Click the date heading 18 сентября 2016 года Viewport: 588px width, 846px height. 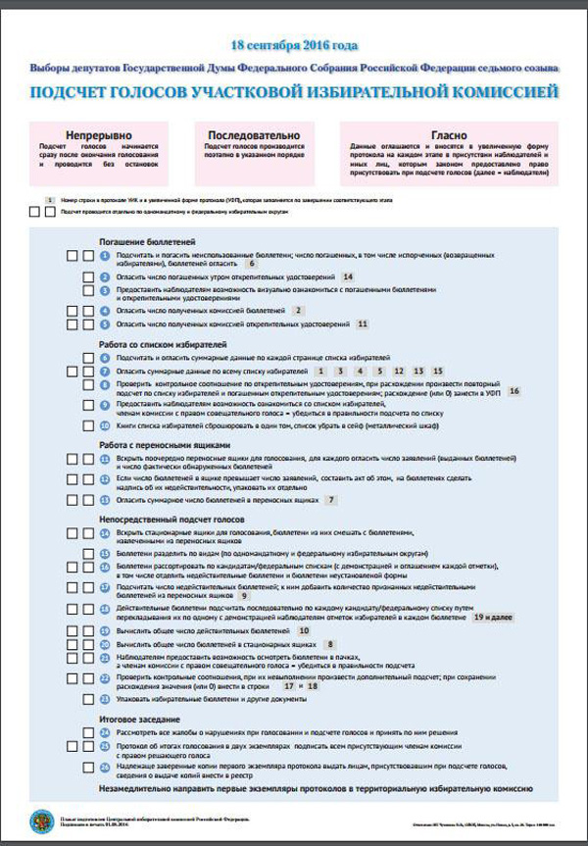(294, 45)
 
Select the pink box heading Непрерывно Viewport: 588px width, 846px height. (98, 134)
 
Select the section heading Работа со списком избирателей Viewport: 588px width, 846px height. (164, 345)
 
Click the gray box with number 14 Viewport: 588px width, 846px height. (348, 277)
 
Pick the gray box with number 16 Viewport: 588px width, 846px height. (514, 391)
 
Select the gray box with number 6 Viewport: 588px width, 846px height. (252, 264)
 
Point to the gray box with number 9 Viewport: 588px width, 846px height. (244, 595)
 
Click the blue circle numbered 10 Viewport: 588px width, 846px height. (105, 426)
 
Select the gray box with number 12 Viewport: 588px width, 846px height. (398, 373)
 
